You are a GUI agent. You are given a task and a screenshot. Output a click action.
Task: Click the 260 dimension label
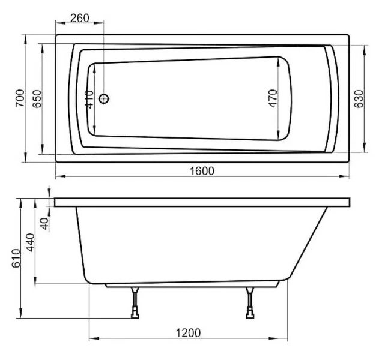80,18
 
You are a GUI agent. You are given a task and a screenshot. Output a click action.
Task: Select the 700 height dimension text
20,98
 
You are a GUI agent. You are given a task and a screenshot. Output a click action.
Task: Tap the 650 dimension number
37,99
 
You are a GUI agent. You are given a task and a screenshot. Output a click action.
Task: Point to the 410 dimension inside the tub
89,100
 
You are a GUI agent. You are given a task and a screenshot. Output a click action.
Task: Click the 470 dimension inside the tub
273,98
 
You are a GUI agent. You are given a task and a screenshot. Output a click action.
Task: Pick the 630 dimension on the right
359,99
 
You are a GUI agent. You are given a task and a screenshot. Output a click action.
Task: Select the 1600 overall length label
202,171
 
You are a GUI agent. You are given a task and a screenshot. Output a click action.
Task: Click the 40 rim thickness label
44,224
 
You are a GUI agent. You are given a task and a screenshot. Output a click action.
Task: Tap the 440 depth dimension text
31,242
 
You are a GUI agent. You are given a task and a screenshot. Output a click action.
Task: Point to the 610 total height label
16,258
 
